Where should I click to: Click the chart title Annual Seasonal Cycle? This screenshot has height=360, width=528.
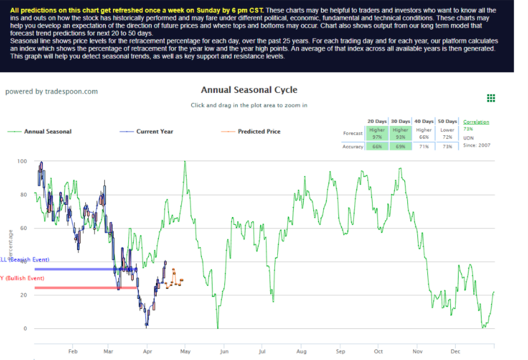pyautogui.click(x=249, y=90)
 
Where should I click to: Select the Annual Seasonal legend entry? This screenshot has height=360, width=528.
pyautogui.click(x=47, y=131)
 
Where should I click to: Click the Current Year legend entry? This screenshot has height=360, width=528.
pyautogui.click(x=154, y=131)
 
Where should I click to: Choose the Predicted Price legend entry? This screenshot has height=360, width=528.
pyautogui.click(x=259, y=131)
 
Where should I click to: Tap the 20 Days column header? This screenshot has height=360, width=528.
pyautogui.click(x=377, y=121)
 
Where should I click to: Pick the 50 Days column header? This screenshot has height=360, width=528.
pyautogui.click(x=447, y=121)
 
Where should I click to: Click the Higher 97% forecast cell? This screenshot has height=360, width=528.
pyautogui.click(x=377, y=134)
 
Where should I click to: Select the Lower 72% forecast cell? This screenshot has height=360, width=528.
pyautogui.click(x=447, y=134)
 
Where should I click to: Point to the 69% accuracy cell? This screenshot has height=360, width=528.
pyautogui.click(x=400, y=146)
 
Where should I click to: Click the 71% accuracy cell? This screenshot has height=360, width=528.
pyautogui.click(x=424, y=146)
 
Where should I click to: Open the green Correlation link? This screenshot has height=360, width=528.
pyautogui.click(x=476, y=122)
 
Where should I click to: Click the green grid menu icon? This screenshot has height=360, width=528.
pyautogui.click(x=491, y=98)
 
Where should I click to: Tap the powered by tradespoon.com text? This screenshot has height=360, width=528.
pyautogui.click(x=51, y=91)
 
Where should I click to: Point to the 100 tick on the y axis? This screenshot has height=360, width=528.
pyautogui.click(x=22, y=161)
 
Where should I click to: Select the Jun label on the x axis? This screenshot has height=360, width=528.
pyautogui.click(x=224, y=351)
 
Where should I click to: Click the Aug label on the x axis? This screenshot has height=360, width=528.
pyautogui.click(x=301, y=351)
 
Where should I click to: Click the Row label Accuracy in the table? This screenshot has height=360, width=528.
pyautogui.click(x=353, y=146)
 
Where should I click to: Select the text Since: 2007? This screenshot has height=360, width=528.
pyautogui.click(x=476, y=145)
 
